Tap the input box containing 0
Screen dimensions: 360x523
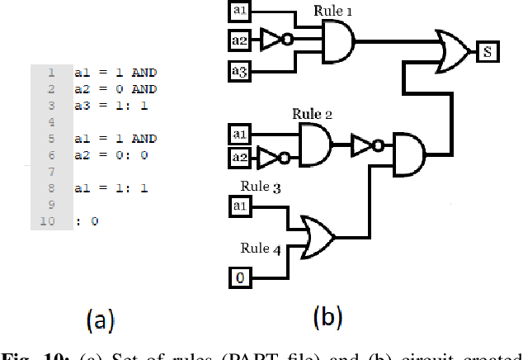pyautogui.click(x=239, y=277)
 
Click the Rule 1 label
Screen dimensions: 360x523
pyautogui.click(x=333, y=12)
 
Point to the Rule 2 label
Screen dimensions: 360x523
pyautogui.click(x=312, y=113)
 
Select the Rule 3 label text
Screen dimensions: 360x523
pyautogui.click(x=261, y=187)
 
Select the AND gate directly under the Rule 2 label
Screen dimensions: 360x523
pyautogui.click(x=314, y=146)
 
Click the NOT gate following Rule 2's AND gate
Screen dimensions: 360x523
pyautogui.click(x=365, y=146)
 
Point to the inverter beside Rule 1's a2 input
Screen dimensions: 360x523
pyautogui.click(x=274, y=38)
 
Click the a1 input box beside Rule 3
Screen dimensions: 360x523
pyautogui.click(x=239, y=205)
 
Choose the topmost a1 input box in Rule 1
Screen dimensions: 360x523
pyautogui.click(x=239, y=10)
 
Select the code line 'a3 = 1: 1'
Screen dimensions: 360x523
pyautogui.click(x=111, y=105)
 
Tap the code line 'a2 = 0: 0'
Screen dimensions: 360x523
pyautogui.click(x=111, y=154)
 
